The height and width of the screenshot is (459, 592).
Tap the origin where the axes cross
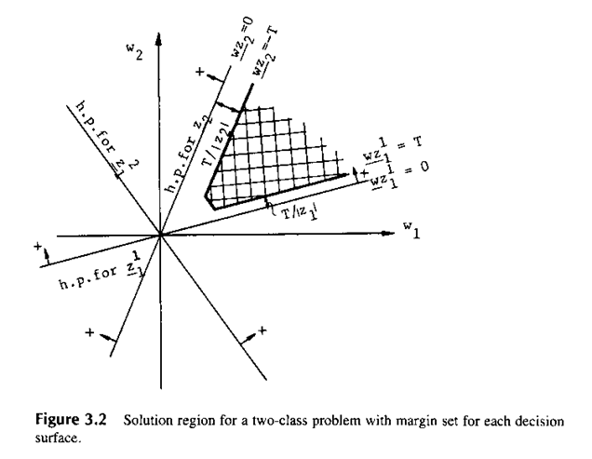coord(161,236)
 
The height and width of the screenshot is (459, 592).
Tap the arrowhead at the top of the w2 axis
coord(161,44)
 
